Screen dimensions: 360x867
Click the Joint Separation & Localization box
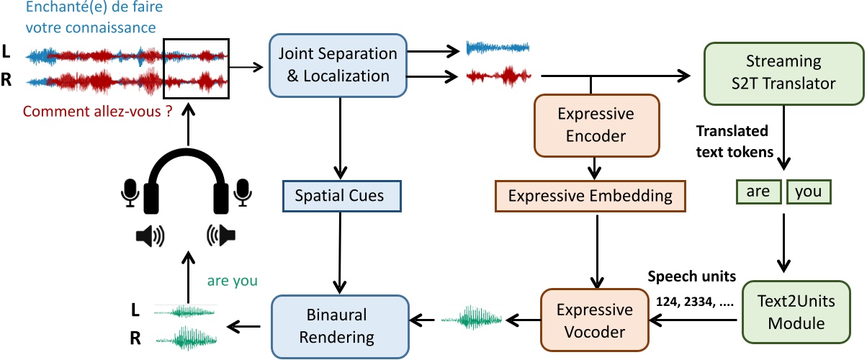338,65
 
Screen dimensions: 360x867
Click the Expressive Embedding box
590,195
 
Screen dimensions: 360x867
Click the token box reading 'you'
809,192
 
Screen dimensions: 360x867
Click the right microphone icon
243,191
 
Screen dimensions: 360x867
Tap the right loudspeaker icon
222,235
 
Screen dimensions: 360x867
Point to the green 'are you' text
232,281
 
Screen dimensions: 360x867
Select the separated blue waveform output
498,48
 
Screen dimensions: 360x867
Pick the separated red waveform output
499,76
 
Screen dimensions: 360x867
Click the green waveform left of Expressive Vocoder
472,317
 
